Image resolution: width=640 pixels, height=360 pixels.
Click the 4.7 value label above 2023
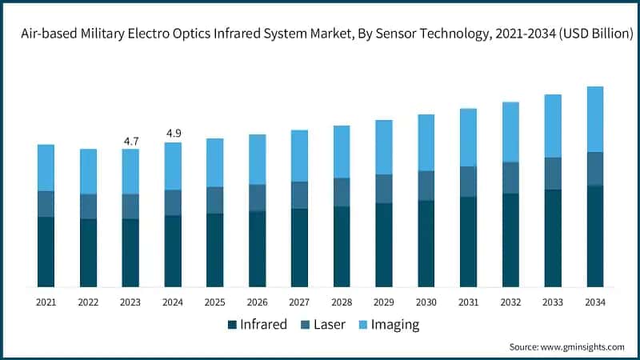point(130,141)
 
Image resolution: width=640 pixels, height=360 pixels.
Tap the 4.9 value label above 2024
point(173,133)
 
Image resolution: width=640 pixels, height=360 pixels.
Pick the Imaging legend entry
point(389,324)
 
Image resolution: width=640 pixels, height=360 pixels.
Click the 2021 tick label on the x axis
point(46,302)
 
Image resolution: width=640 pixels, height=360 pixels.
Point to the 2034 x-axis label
point(595,302)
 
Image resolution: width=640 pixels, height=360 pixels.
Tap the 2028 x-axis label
point(342,302)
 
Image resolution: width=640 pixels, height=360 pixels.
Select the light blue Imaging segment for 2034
point(595,118)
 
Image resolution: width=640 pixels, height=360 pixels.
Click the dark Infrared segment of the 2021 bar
point(46,251)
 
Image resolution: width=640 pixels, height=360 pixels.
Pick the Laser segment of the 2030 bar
point(426,186)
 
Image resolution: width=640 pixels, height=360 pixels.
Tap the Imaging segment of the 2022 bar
point(88,171)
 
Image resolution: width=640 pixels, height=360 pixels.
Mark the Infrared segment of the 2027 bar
point(299,247)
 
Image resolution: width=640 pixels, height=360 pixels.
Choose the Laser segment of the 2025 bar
point(214,200)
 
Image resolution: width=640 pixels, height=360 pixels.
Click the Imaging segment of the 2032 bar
point(510,132)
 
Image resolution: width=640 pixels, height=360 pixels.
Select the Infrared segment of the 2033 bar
point(553,238)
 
